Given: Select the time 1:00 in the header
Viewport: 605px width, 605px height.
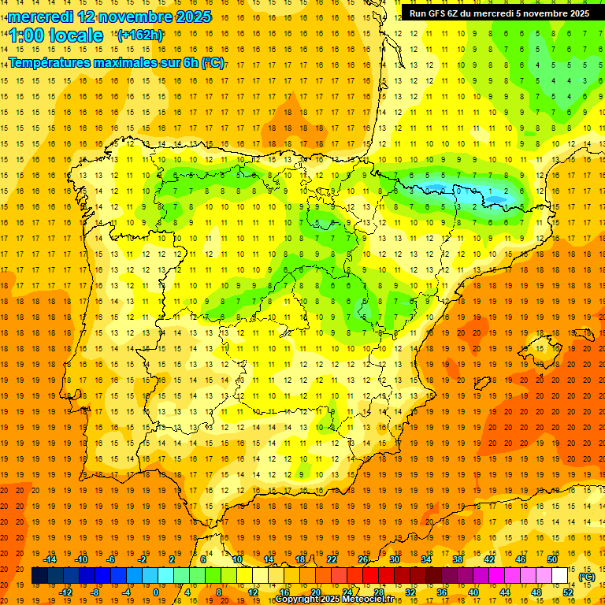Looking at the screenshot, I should [x=26, y=35].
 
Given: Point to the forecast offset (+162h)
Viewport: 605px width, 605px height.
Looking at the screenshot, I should [x=139, y=35].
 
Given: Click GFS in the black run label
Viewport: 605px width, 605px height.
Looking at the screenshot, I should [x=435, y=13].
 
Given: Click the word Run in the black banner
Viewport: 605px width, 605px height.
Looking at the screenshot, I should [x=418, y=13].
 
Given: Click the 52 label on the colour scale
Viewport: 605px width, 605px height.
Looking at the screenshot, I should [x=568, y=592].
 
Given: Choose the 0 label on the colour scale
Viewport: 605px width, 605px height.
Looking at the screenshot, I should [x=156, y=592].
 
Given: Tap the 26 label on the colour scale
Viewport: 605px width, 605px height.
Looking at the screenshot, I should [x=363, y=559].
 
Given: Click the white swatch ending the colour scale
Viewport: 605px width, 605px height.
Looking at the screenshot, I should [x=559, y=576].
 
